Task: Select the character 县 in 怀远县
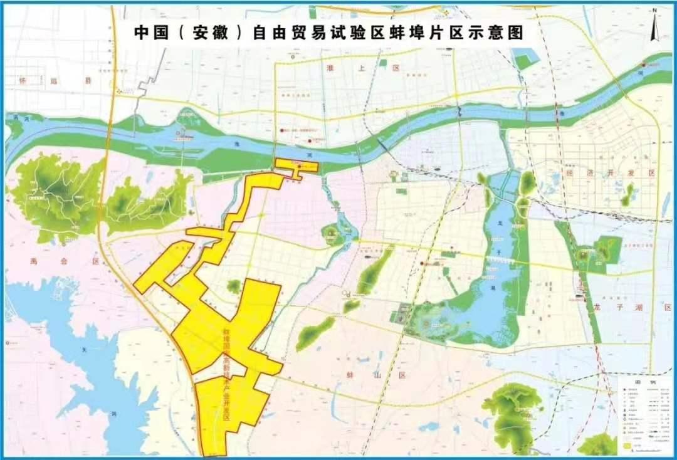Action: pos(88,81)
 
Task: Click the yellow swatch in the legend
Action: pos(626,444)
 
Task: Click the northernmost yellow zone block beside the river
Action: pos(297,166)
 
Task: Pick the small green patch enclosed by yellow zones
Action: pos(234,287)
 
